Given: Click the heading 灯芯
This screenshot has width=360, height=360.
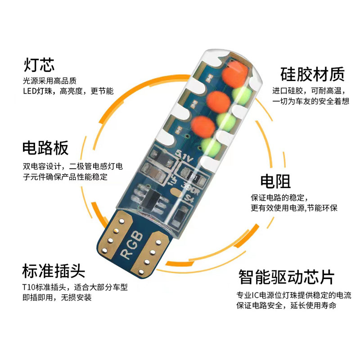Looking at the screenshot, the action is tap(39, 64).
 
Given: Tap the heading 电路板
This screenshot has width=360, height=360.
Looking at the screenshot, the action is tap(45, 148).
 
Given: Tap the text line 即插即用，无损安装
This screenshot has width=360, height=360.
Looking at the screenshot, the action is tap(57, 297).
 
